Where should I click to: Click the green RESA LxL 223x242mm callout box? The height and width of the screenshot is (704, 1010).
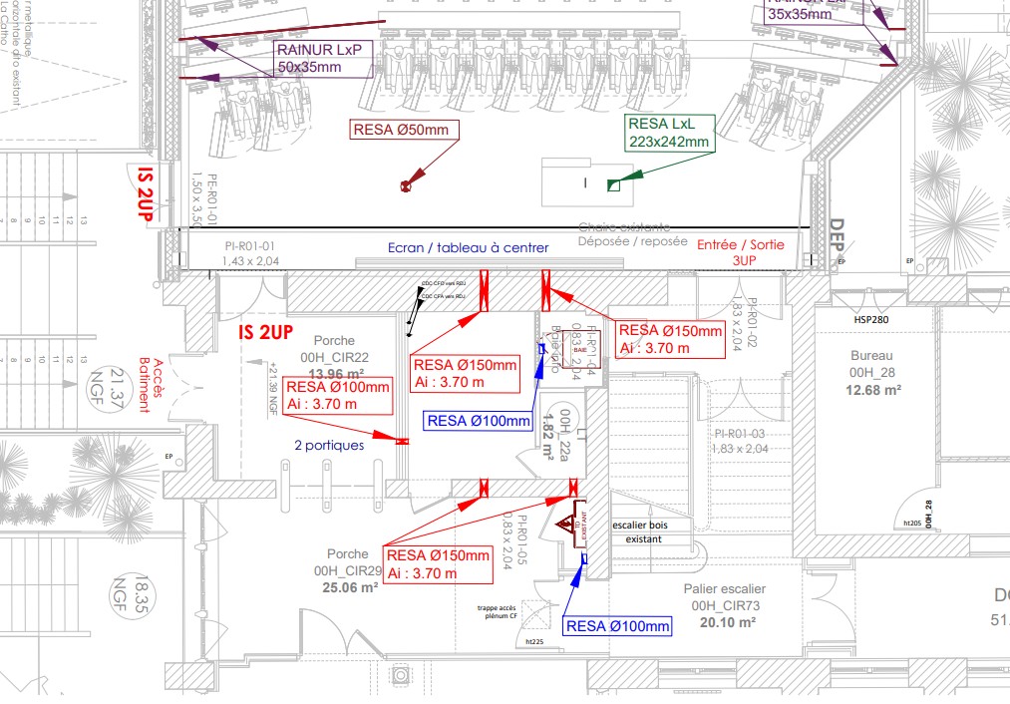pos(668,133)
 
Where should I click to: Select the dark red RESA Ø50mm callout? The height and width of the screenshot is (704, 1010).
pos(400,130)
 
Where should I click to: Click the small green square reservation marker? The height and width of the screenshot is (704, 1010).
pos(614,184)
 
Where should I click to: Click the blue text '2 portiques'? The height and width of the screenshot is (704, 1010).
pos(329,446)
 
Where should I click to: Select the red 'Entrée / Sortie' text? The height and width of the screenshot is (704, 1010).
pos(740,245)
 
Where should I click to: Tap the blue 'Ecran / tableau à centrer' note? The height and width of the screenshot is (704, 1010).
pos(469,247)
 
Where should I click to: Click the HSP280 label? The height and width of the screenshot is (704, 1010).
pos(870,320)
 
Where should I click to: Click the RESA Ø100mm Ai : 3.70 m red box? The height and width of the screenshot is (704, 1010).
pos(337,395)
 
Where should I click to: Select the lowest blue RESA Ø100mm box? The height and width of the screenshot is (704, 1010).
pos(617,626)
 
